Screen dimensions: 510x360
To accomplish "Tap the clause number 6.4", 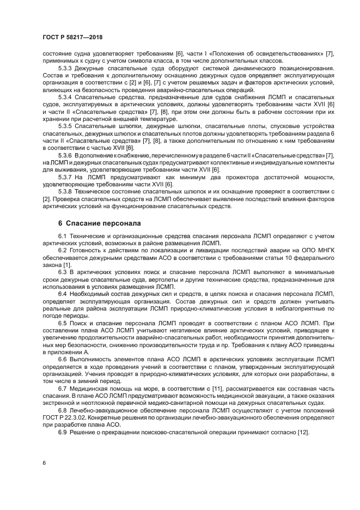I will click(63, 293).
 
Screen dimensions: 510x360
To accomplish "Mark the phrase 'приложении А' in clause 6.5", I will click(62, 351).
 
